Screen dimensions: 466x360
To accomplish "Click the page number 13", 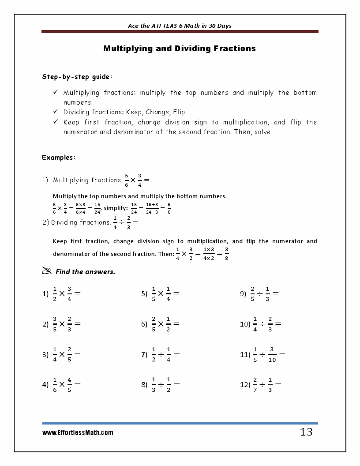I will (306, 432).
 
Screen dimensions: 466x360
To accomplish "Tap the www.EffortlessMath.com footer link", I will (78, 433).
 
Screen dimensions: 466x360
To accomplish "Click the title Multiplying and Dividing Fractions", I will (180, 49).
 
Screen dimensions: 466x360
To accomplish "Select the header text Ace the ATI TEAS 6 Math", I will (180, 26).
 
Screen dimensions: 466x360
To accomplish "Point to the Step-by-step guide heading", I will (77, 77).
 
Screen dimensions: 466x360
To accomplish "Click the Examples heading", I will (59, 158).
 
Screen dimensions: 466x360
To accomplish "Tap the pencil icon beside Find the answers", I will (47, 271).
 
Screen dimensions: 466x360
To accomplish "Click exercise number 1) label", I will (45, 294).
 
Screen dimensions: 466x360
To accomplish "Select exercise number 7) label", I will (144, 354).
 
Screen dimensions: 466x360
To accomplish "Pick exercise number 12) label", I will (245, 385).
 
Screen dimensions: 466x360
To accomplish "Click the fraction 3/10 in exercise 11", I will (272, 354).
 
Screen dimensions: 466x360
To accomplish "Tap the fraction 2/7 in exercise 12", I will (255, 384).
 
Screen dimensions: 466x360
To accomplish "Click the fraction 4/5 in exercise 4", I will (69, 384).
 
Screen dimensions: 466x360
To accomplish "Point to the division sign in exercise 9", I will (260, 293).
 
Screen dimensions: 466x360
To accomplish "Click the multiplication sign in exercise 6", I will (161, 324).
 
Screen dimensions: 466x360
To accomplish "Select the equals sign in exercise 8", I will (176, 384).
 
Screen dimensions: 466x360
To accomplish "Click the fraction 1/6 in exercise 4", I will (55, 384).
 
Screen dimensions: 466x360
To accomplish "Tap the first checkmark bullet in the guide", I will (56, 93).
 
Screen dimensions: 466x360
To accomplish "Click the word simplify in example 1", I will (116, 208).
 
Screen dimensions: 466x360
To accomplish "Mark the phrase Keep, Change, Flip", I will (155, 112).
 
